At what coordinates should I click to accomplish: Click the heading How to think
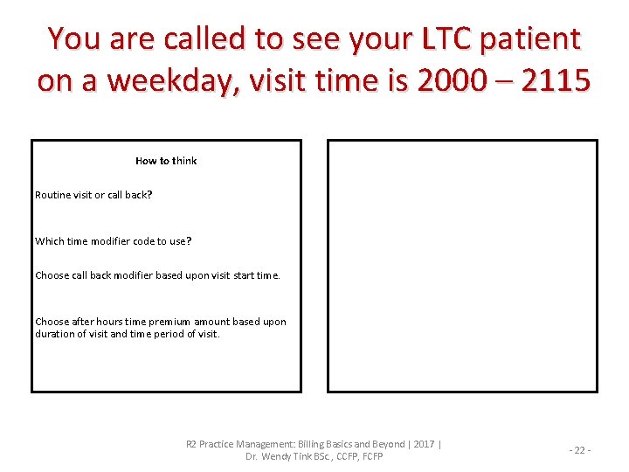click(x=166, y=161)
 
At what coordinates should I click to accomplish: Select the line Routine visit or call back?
click(x=93, y=195)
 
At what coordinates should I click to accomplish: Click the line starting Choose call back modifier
click(x=157, y=275)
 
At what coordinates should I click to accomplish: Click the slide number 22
click(x=580, y=450)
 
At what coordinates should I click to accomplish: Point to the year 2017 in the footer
click(x=424, y=444)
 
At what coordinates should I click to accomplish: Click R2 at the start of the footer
click(x=191, y=444)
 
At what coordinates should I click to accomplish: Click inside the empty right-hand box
click(x=462, y=266)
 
